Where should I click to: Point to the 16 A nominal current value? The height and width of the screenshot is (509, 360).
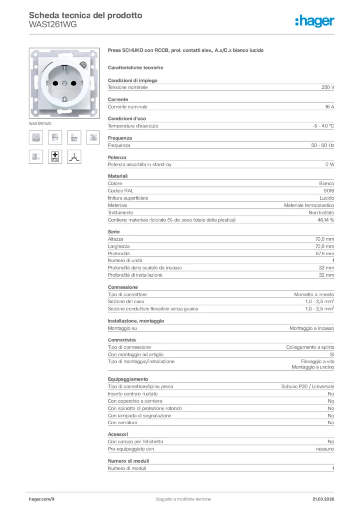(329, 107)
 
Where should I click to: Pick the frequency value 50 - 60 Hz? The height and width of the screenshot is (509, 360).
(321, 145)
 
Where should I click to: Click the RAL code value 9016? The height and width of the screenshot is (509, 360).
(329, 191)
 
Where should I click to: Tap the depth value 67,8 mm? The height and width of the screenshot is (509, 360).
(324, 254)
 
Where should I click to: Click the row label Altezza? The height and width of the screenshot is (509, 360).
(116, 239)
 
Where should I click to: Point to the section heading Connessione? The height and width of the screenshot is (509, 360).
(123, 287)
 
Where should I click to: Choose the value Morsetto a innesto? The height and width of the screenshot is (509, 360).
(314, 295)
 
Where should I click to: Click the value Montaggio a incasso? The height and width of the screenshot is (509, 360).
(312, 329)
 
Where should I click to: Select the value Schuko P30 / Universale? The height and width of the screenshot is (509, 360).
(307, 386)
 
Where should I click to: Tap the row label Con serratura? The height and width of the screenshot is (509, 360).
(123, 423)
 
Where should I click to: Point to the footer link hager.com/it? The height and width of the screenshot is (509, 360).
(41, 499)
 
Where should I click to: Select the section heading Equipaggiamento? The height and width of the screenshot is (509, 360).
(128, 379)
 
